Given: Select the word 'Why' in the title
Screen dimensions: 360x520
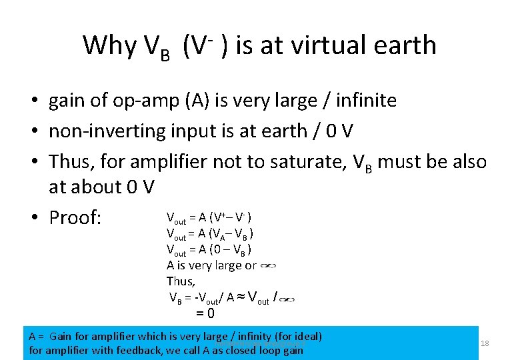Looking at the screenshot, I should [109, 45].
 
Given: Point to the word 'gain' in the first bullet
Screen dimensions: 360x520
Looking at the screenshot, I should [67, 101].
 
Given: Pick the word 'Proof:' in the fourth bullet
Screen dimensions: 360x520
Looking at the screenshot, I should [75, 218].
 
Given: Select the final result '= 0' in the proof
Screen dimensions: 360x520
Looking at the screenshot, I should [205, 313].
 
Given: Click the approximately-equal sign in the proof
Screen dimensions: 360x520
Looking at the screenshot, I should [240, 298].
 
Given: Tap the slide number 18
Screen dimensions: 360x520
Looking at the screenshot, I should [485, 343].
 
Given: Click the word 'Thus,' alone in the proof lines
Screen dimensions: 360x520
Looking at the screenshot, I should [179, 281].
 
